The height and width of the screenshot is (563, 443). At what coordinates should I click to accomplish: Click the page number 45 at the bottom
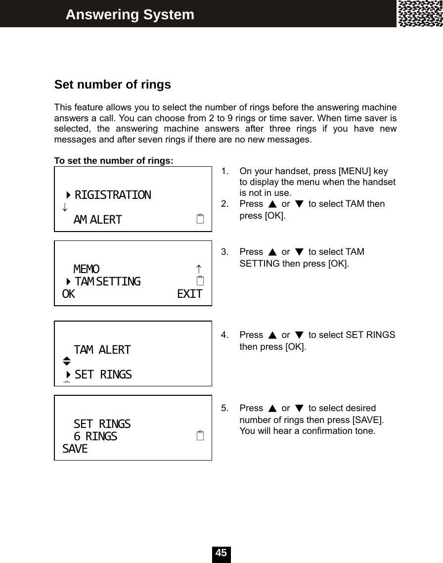click(x=221, y=553)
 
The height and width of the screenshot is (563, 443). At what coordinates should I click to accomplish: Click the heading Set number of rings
click(x=112, y=85)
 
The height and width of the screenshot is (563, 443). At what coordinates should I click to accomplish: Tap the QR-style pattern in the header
click(x=420, y=14)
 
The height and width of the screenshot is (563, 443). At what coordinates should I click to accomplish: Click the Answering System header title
click(x=130, y=15)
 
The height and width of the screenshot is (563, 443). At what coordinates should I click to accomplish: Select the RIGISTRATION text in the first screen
click(x=113, y=195)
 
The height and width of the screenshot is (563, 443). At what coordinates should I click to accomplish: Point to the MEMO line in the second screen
click(x=87, y=269)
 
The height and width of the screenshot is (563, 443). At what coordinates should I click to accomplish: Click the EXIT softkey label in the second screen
click(x=189, y=294)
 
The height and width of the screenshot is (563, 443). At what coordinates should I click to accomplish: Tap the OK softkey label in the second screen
click(x=69, y=294)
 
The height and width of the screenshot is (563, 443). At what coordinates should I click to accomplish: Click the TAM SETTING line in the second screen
click(x=107, y=281)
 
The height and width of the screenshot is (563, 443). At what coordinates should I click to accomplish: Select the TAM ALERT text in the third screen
click(x=102, y=350)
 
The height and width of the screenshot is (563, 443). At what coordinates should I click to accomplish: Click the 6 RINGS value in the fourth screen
click(x=95, y=436)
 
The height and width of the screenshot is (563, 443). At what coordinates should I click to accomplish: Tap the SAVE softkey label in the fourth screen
click(x=75, y=449)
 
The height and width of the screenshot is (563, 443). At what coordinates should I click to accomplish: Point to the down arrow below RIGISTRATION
click(x=65, y=207)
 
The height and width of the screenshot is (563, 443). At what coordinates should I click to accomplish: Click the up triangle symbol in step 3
click(x=272, y=252)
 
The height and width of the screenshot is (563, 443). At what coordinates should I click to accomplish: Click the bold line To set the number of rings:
click(x=114, y=161)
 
